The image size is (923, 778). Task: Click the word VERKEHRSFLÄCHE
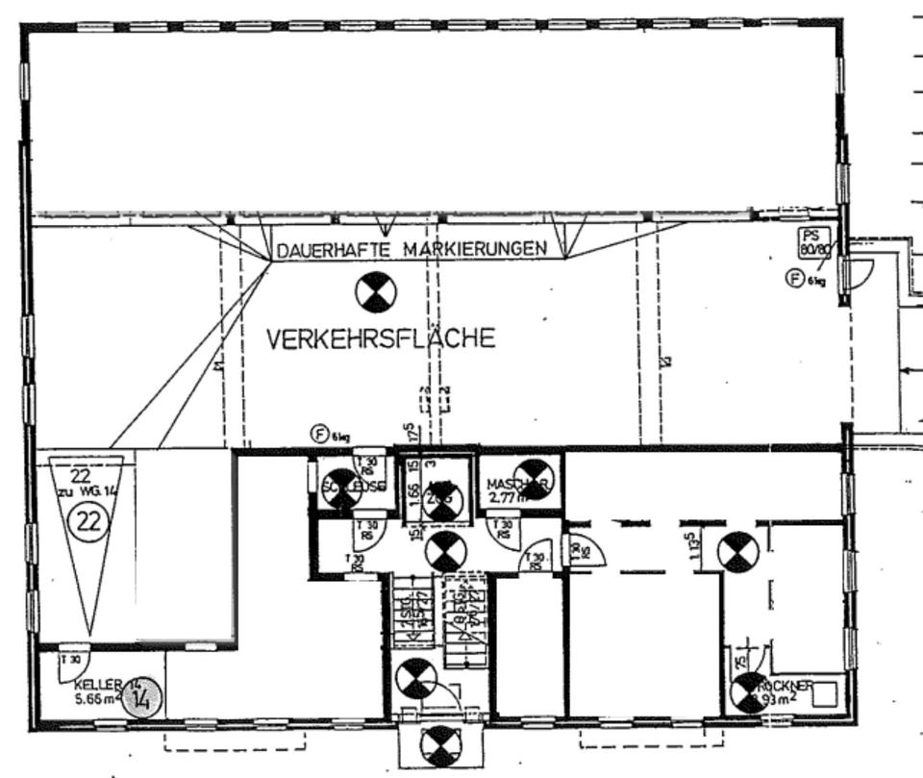381,339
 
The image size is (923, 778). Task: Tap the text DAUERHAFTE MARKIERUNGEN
412,249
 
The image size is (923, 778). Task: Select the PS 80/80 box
813,243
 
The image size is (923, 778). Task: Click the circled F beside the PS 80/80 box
794,279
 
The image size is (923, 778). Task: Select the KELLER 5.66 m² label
97,690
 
